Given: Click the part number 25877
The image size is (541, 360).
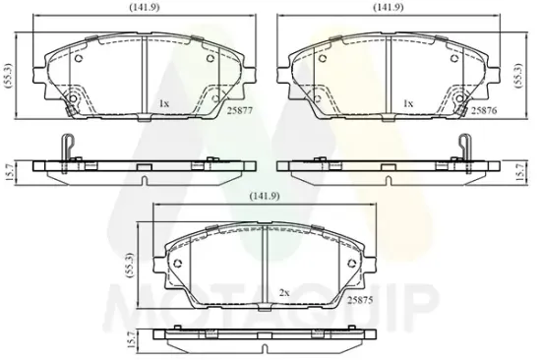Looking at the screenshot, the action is (240, 110).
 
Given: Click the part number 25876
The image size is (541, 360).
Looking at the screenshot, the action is (484, 110).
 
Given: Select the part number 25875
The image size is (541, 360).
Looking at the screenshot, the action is (360, 300).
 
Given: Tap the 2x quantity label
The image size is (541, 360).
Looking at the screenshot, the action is (284, 293).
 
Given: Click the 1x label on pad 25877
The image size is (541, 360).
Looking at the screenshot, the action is (164, 103).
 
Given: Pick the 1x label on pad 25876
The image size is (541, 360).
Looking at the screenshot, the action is (408, 103).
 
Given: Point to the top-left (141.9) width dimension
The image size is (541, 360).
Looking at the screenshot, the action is (145, 7).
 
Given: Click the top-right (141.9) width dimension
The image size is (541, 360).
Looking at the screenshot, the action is (389, 7).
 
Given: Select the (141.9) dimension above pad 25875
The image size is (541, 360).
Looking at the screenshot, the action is (265, 196).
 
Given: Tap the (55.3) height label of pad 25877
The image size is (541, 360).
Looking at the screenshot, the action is (9, 76).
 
